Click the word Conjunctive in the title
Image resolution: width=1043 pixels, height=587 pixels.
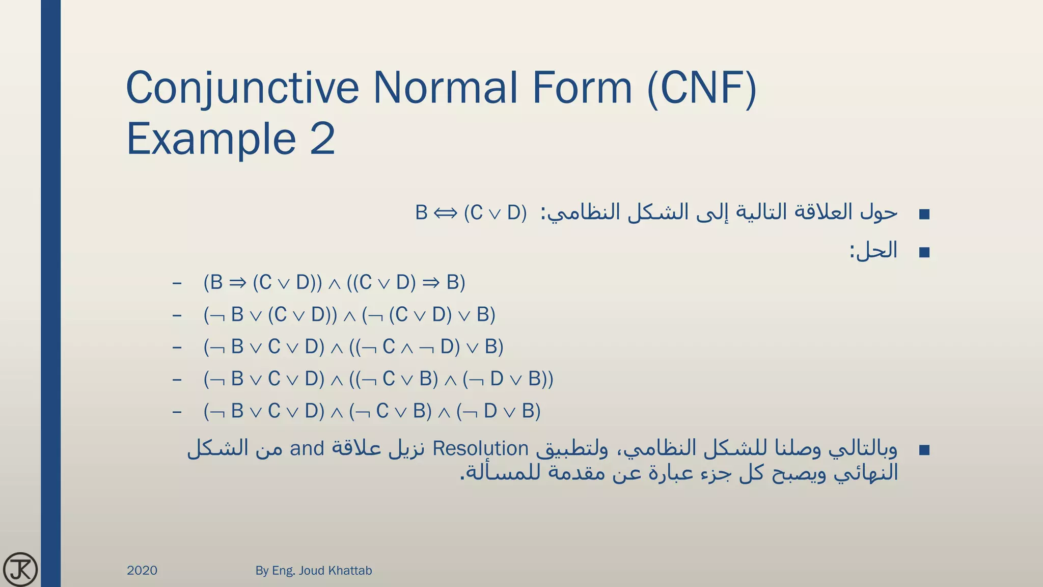click(242, 88)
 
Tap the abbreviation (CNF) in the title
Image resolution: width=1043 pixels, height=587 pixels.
click(701, 88)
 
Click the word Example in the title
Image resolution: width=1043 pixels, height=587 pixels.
click(211, 139)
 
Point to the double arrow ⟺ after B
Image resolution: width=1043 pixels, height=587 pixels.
click(446, 213)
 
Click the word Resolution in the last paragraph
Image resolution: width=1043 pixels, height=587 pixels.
click(480, 449)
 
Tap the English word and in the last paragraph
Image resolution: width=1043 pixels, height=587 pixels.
click(307, 449)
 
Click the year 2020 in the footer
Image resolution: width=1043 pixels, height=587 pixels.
click(142, 570)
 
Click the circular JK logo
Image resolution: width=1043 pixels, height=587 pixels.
click(20, 569)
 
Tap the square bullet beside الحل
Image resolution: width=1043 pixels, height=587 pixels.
click(924, 252)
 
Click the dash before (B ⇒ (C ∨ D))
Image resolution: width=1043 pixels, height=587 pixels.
click(177, 283)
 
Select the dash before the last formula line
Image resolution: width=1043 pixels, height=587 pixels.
click(177, 411)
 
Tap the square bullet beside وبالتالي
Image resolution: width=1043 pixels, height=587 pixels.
click(924, 450)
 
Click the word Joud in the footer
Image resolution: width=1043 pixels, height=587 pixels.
click(312, 570)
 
